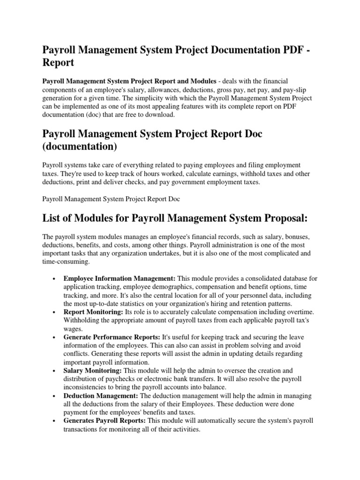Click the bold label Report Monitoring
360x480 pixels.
[92, 312]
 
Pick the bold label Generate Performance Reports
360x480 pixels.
[112, 337]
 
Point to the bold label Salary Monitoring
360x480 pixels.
[93, 371]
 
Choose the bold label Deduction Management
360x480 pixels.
[100, 396]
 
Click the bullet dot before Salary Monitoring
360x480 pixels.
[56, 371]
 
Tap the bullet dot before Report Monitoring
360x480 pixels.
[56, 313]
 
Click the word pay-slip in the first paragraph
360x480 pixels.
[295, 90]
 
